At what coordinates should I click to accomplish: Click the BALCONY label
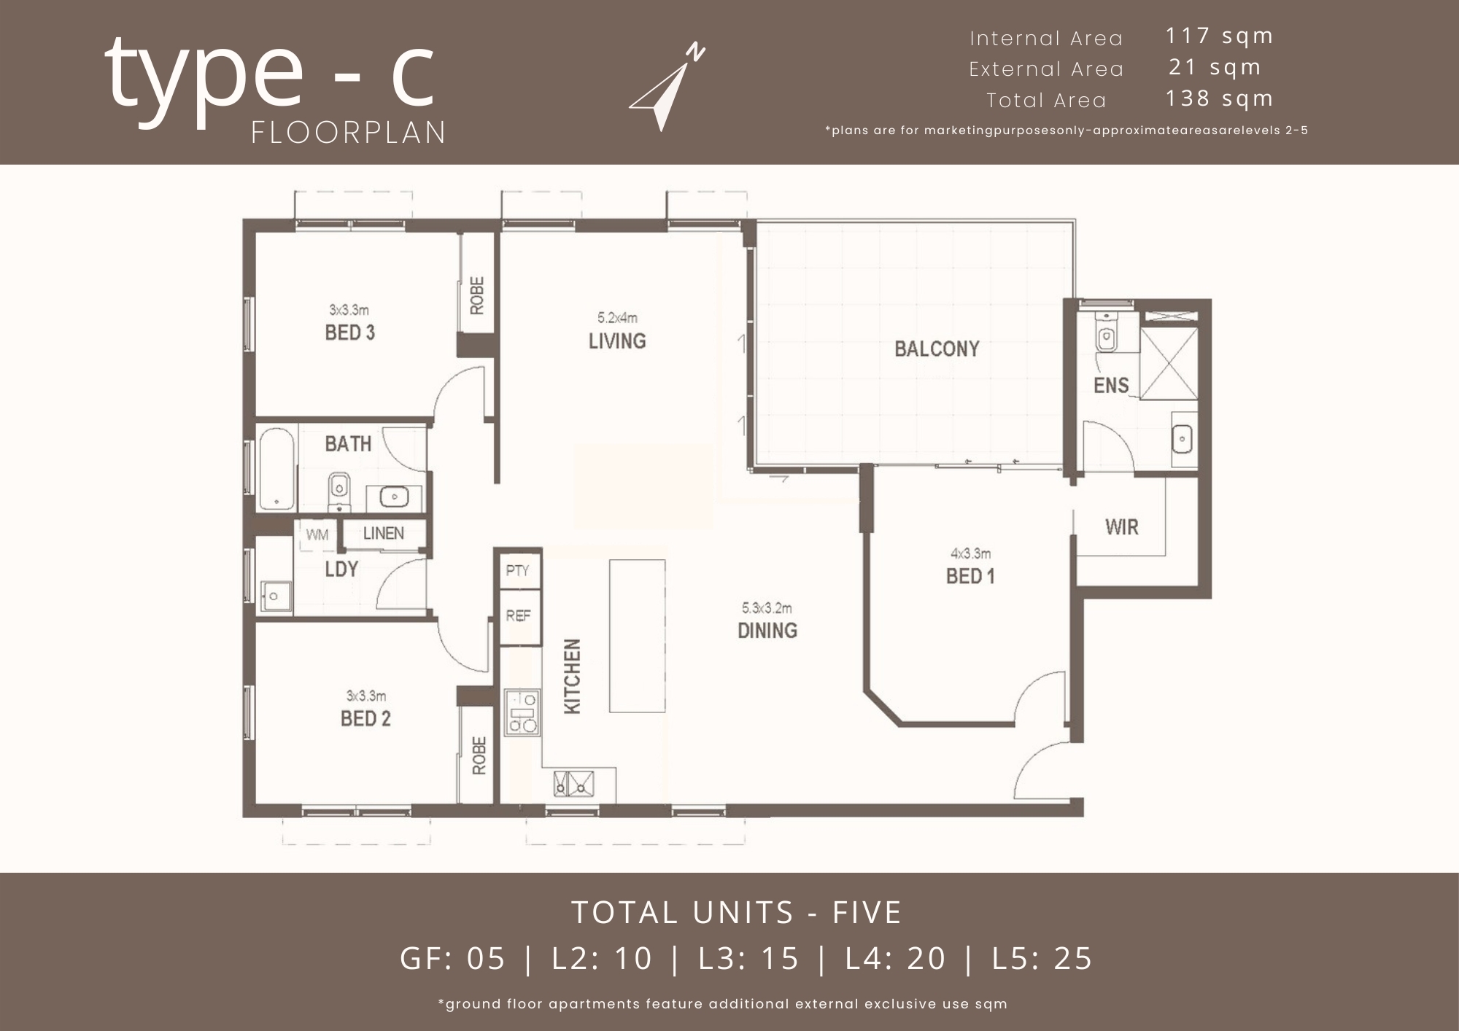937,349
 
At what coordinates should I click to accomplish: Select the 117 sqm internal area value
1219,36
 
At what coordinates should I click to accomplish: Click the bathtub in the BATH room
276,469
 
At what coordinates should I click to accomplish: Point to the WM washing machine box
317,534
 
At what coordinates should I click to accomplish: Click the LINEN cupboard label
383,533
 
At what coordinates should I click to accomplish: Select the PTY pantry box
518,571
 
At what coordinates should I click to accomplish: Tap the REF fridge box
519,616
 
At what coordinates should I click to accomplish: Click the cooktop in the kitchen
522,712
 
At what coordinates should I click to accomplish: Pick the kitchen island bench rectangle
637,635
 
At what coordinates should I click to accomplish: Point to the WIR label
1121,527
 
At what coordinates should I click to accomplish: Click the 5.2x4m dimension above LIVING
617,318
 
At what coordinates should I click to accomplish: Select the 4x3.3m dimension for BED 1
970,554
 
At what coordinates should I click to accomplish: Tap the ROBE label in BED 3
477,295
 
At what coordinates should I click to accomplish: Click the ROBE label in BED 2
479,755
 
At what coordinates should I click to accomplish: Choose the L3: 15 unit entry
748,958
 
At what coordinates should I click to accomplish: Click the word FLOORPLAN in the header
349,133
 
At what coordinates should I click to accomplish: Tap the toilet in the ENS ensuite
1107,335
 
